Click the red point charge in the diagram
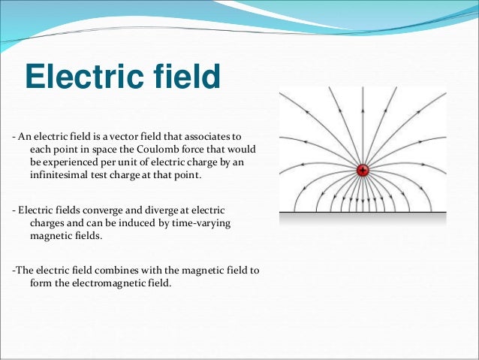(363, 171)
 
